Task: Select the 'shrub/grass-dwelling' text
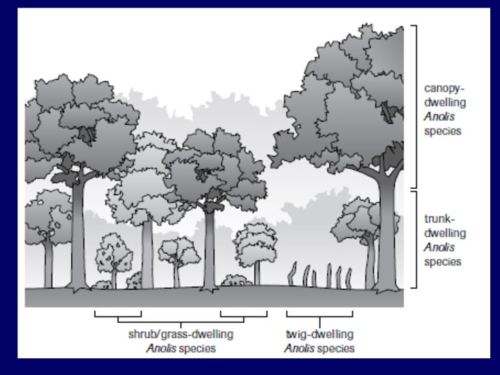pos(181,334)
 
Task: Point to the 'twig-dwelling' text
pos(319,334)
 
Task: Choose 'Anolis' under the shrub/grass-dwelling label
pos(161,348)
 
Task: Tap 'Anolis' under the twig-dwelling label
pos(299,348)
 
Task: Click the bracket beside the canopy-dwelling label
pos(414,108)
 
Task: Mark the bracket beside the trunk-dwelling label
pos(414,240)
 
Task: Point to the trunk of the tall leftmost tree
pos(77,229)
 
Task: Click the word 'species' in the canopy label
pos(442,131)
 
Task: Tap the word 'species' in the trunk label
pos(442,261)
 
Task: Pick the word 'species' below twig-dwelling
pos(335,348)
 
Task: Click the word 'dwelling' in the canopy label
pos(444,103)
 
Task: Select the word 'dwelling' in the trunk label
pos(444,233)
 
